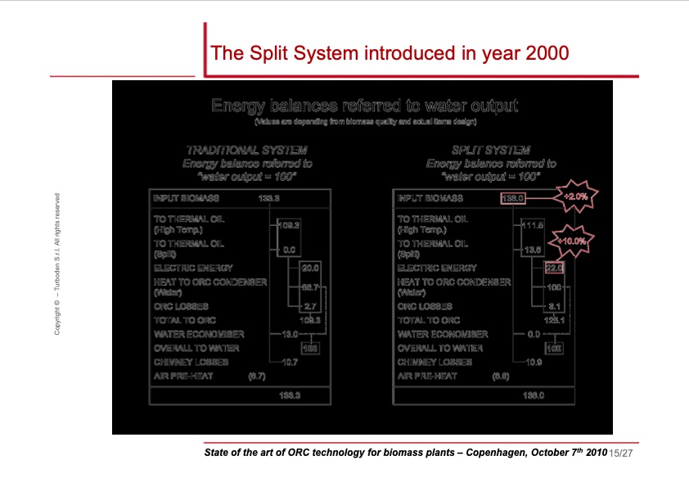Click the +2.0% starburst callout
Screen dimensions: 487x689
571,197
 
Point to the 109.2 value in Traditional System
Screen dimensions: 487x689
290,223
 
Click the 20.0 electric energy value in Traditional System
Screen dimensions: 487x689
310,268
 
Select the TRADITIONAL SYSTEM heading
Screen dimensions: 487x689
246,151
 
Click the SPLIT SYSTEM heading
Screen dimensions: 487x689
491,151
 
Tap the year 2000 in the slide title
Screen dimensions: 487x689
538,54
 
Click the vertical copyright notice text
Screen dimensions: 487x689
58,263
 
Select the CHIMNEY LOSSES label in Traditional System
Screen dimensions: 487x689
191,361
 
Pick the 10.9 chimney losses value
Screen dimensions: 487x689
533,361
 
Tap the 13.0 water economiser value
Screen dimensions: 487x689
288,334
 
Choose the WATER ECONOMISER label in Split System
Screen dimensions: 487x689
442,334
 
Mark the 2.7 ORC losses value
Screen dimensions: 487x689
310,307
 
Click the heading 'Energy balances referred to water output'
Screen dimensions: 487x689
364,106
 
